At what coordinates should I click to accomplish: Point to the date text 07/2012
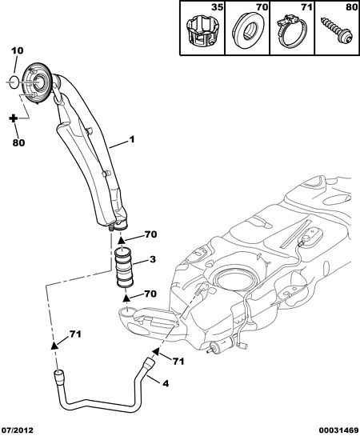point(19,430)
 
